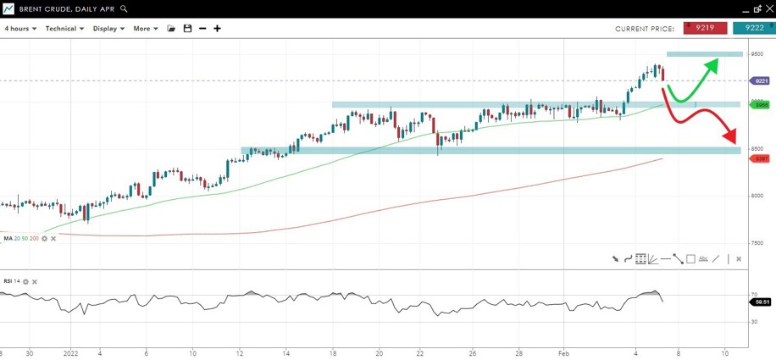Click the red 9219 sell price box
click(704, 28)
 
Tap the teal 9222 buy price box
click(754, 28)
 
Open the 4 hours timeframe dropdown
click(20, 29)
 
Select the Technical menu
click(64, 29)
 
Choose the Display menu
click(108, 29)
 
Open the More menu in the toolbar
click(145, 29)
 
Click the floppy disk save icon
click(187, 29)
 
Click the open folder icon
click(171, 29)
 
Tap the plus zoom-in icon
click(218, 29)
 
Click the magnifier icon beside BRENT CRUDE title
click(125, 8)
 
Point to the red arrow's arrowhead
click(731, 139)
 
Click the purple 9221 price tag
click(761, 81)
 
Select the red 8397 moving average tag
click(761, 158)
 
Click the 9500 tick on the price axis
click(757, 54)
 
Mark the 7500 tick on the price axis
click(757, 242)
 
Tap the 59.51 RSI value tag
click(762, 302)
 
